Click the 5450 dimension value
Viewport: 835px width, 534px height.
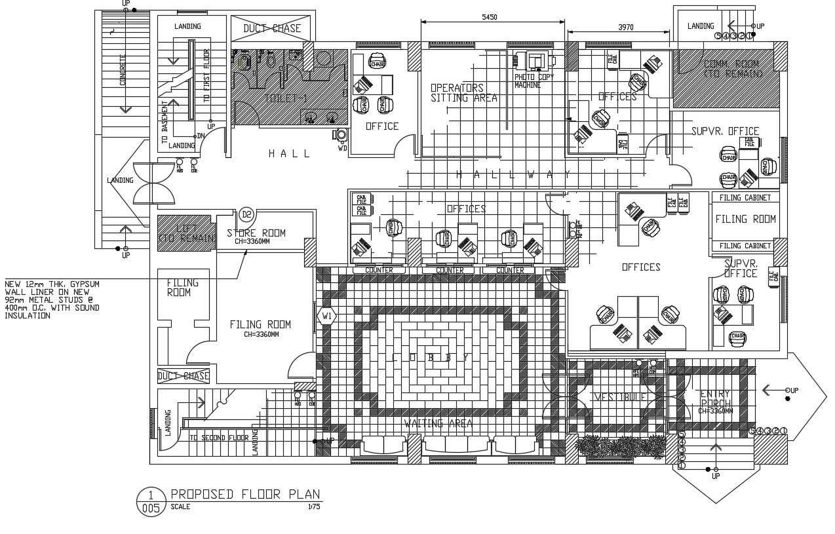[x=489, y=17]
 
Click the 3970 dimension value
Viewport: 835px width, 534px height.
[x=626, y=28]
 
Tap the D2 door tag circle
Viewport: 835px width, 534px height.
[x=246, y=214]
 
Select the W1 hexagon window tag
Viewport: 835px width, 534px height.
[x=326, y=316]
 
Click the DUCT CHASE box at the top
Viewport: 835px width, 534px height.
[x=272, y=28]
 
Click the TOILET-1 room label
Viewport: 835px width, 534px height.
[x=285, y=98]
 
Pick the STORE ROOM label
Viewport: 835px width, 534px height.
[x=256, y=233]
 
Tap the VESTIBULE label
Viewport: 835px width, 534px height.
[x=620, y=397]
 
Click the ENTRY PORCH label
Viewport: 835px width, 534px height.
[x=714, y=398]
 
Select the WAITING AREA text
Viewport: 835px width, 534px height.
[x=438, y=423]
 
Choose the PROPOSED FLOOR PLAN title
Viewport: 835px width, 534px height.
[x=246, y=494]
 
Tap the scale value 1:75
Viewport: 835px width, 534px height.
[x=313, y=506]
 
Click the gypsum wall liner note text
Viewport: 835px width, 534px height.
[x=52, y=299]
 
